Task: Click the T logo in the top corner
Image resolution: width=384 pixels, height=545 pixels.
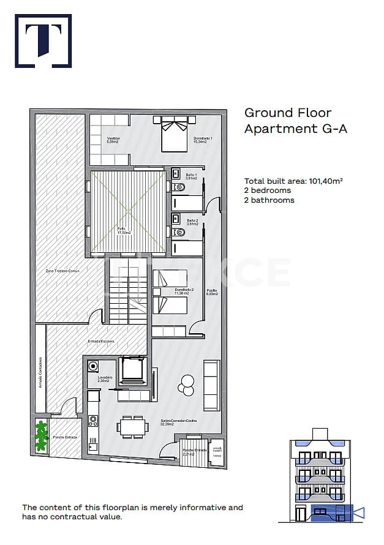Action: click(43, 40)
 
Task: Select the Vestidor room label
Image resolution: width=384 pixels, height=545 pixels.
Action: click(113, 140)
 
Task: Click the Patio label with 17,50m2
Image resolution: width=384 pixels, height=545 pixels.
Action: click(124, 230)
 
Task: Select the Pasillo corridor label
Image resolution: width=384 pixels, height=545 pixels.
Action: click(212, 292)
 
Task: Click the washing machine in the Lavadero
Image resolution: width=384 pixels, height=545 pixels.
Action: click(93, 367)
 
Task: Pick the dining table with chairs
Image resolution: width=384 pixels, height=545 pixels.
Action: click(133, 426)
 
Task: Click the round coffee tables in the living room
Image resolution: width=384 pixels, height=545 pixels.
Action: click(184, 385)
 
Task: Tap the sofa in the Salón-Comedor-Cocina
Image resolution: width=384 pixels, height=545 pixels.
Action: click(211, 385)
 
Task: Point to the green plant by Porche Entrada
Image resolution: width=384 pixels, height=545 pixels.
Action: click(41, 435)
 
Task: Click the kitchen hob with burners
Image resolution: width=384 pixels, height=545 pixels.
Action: click(93, 421)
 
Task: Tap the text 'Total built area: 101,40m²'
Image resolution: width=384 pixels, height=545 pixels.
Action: click(293, 181)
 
